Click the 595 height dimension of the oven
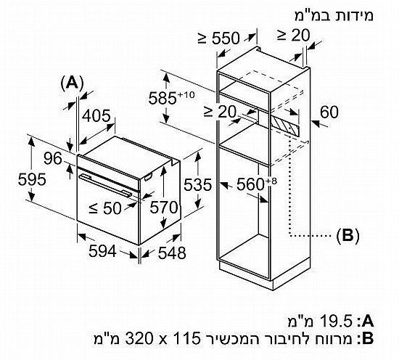tap(32, 179)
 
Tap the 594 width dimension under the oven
tap(102, 251)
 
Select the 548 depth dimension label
tap(172, 253)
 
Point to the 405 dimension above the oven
tap(96, 115)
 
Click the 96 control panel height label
tap(53, 158)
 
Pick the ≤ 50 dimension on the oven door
tap(105, 208)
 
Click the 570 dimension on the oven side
tap(164, 207)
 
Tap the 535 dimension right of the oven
tap(198, 184)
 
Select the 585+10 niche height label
tap(172, 97)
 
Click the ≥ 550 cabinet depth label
tap(219, 38)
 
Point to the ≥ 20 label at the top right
tap(293, 35)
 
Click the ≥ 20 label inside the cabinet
tap(220, 112)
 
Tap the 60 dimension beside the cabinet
tap(329, 112)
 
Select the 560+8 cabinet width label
tap(257, 184)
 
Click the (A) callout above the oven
tap(73, 83)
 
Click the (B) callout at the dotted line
tap(347, 235)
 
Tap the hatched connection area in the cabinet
tap(285, 126)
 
